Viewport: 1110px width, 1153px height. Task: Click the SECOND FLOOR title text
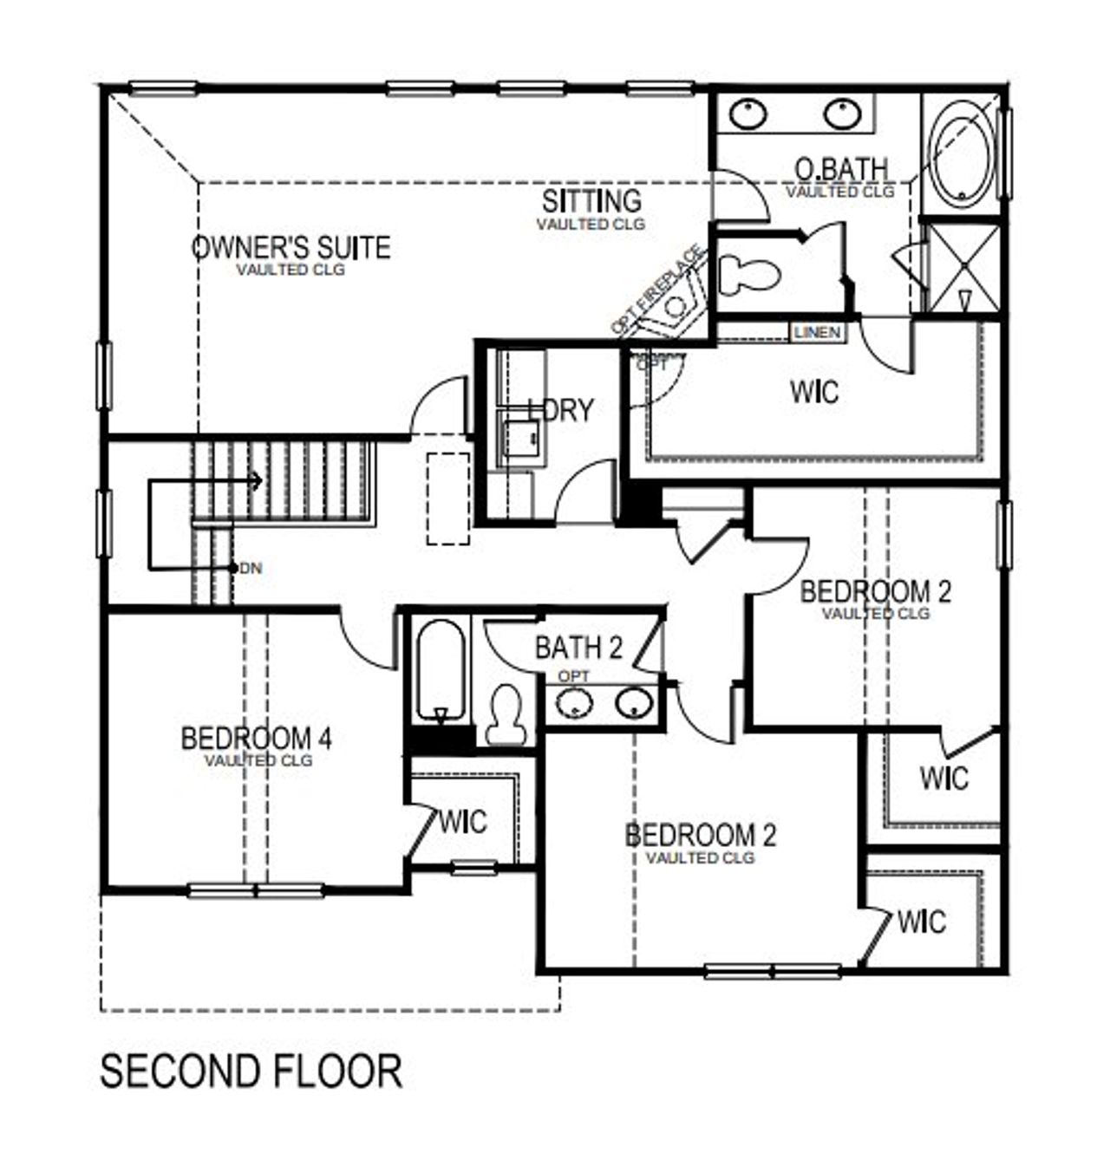click(251, 1072)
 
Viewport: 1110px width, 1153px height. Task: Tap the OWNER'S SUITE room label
click(291, 248)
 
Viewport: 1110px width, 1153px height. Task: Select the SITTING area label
click(591, 201)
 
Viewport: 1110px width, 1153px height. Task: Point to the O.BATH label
click(840, 168)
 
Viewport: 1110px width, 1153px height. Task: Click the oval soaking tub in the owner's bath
click(962, 154)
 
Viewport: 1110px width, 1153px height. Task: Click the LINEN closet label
click(817, 333)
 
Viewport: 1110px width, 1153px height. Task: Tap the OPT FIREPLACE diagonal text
click(656, 291)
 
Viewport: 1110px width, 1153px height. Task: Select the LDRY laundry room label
click(562, 410)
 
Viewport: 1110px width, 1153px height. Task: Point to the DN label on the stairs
click(251, 569)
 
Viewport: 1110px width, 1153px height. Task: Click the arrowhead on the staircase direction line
click(257, 479)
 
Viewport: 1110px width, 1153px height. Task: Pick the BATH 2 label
click(578, 648)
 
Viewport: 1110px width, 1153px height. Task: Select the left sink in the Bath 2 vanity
click(574, 703)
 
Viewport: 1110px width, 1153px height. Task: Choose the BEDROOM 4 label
click(257, 739)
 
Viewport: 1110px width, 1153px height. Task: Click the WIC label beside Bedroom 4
click(463, 821)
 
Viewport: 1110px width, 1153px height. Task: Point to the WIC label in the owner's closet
click(814, 392)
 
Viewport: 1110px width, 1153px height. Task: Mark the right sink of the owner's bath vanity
click(842, 114)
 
